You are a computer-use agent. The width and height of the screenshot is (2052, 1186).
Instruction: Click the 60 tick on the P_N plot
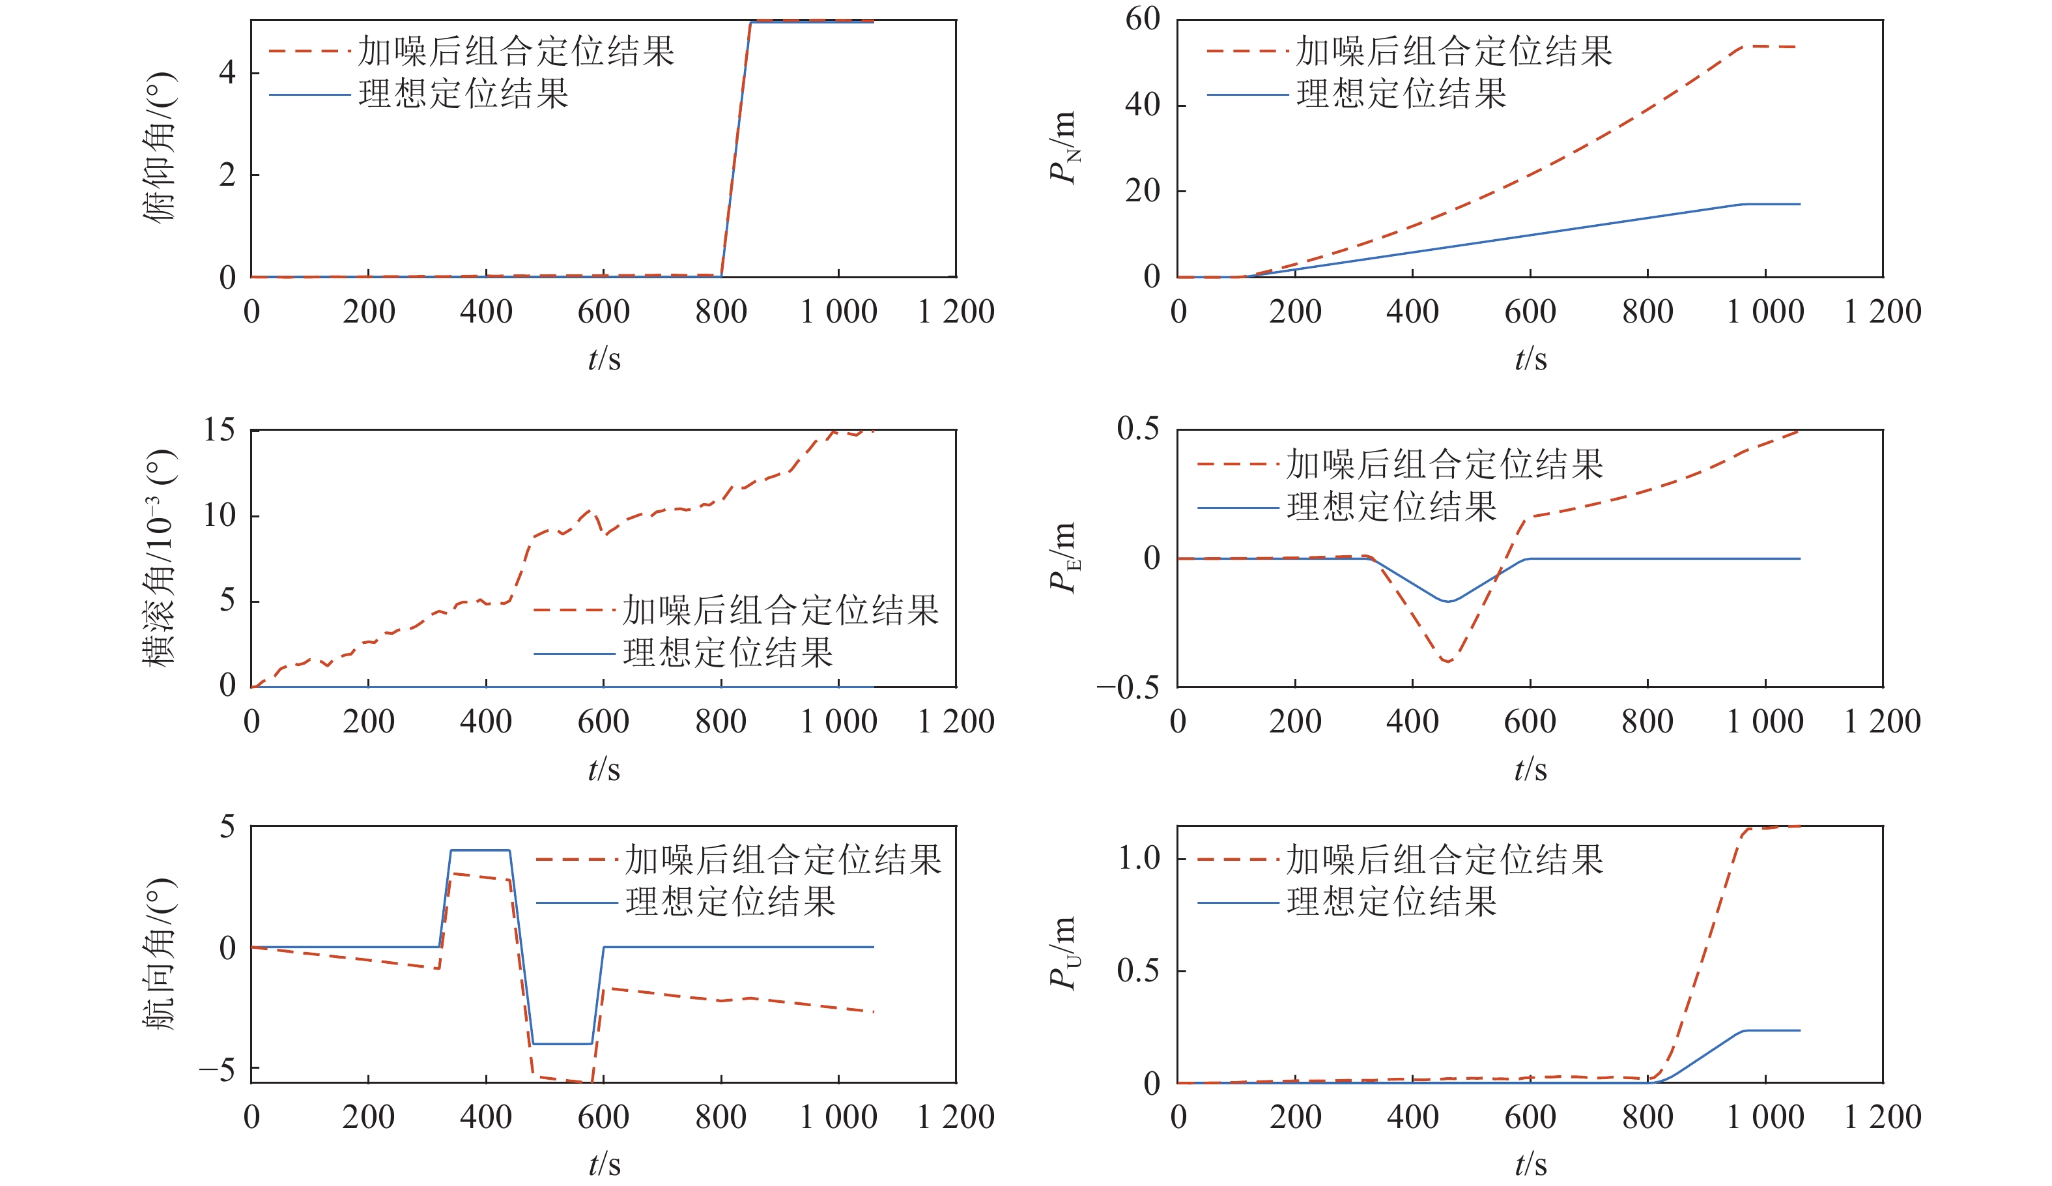click(1143, 19)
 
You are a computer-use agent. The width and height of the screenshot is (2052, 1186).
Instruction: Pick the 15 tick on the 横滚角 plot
click(219, 430)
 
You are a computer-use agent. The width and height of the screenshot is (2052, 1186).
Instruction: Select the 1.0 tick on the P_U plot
click(1139, 858)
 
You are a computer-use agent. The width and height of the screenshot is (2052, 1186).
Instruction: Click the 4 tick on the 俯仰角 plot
click(227, 72)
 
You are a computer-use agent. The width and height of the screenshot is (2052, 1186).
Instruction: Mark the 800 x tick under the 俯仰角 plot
click(720, 312)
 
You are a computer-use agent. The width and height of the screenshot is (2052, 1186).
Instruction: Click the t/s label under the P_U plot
click(1530, 1163)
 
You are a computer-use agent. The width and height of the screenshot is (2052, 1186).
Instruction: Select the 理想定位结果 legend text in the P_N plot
click(1401, 94)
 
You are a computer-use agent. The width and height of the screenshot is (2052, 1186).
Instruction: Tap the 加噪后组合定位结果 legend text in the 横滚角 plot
click(781, 610)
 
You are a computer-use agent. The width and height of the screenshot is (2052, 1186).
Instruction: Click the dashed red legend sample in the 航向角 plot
click(576, 860)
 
